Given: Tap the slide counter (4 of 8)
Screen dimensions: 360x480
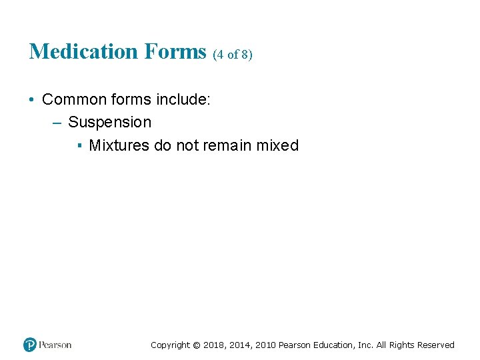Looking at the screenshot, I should pyautogui.click(x=233, y=55).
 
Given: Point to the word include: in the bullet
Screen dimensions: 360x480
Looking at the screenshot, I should pyautogui.click(x=183, y=100).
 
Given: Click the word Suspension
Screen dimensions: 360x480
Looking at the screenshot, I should pyautogui.click(x=110, y=123).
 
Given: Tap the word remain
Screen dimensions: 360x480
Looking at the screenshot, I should pyautogui.click(x=227, y=145).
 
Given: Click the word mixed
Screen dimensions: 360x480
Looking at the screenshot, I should pyautogui.click(x=277, y=145).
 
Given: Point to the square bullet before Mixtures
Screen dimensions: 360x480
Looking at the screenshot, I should pyautogui.click(x=79, y=146).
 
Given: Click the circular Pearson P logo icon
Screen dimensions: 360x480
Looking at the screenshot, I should pyautogui.click(x=30, y=345).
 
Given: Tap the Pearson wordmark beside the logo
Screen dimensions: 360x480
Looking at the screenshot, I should pyautogui.click(x=55, y=345).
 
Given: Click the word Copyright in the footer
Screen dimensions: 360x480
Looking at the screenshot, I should pyautogui.click(x=170, y=345).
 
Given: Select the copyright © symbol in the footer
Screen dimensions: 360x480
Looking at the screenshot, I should pyautogui.click(x=196, y=345).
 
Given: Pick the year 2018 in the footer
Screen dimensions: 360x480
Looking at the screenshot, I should pyautogui.click(x=214, y=345).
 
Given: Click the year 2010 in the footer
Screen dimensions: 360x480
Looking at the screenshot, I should pyautogui.click(x=264, y=345).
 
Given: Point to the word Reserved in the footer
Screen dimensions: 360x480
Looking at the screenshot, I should pyautogui.click(x=435, y=345).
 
